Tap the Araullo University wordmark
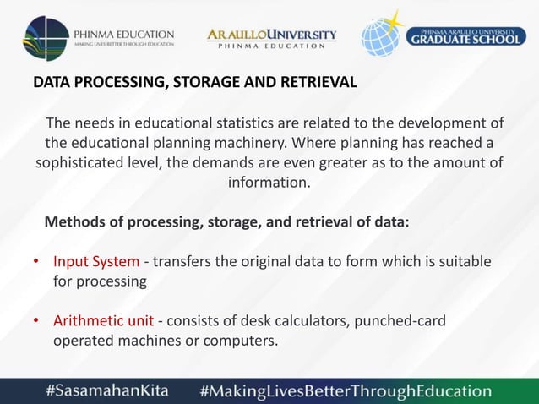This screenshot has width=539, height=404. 271,35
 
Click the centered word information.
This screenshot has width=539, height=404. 269,182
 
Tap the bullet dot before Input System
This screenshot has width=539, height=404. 35,263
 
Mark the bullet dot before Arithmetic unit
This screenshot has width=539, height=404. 35,323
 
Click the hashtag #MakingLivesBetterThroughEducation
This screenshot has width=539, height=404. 345,390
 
